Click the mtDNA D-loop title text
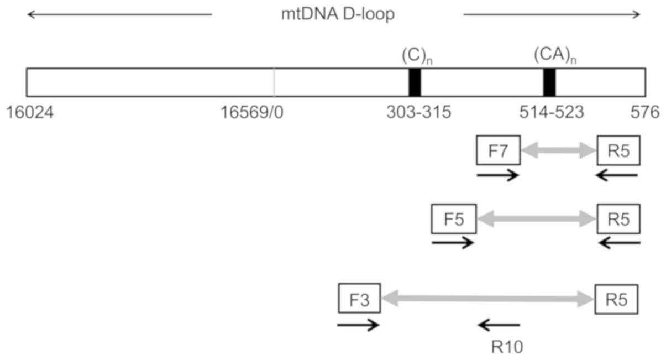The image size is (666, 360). tap(337, 14)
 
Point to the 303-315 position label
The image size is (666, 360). tap(418, 113)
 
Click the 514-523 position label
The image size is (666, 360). tap(551, 113)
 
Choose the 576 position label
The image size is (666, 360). tap(645, 113)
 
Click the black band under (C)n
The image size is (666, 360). tap(415, 83)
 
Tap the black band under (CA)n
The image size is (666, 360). tap(549, 83)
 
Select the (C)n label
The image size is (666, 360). tap(416, 56)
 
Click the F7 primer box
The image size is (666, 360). tap(498, 150)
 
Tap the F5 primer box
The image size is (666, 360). tap(453, 220)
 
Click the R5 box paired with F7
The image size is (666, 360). tap(618, 150)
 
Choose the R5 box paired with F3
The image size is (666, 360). tap(616, 299)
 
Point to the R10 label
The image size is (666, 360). tap(506, 347)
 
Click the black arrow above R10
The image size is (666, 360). tap(499, 325)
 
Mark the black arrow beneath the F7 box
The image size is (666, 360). tap(497, 176)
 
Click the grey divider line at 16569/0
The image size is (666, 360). tap(274, 83)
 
